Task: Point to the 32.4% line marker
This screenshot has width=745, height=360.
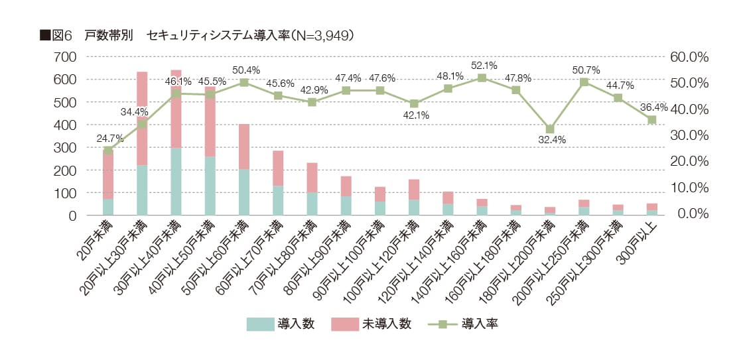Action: coord(550,129)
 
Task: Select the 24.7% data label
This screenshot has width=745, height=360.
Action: coord(109,138)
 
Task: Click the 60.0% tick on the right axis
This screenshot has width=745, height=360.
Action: coord(690,57)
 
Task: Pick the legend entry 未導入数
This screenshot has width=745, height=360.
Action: coord(386,324)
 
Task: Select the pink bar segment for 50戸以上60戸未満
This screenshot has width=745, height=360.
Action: coord(244,147)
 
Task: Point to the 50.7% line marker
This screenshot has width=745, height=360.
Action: coord(584,82)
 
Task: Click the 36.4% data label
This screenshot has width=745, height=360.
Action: coord(654,107)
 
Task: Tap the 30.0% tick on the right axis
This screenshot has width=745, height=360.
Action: coord(690,135)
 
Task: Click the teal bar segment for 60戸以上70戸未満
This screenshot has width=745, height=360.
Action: coord(278,200)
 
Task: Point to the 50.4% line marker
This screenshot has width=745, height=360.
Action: coord(244,82)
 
